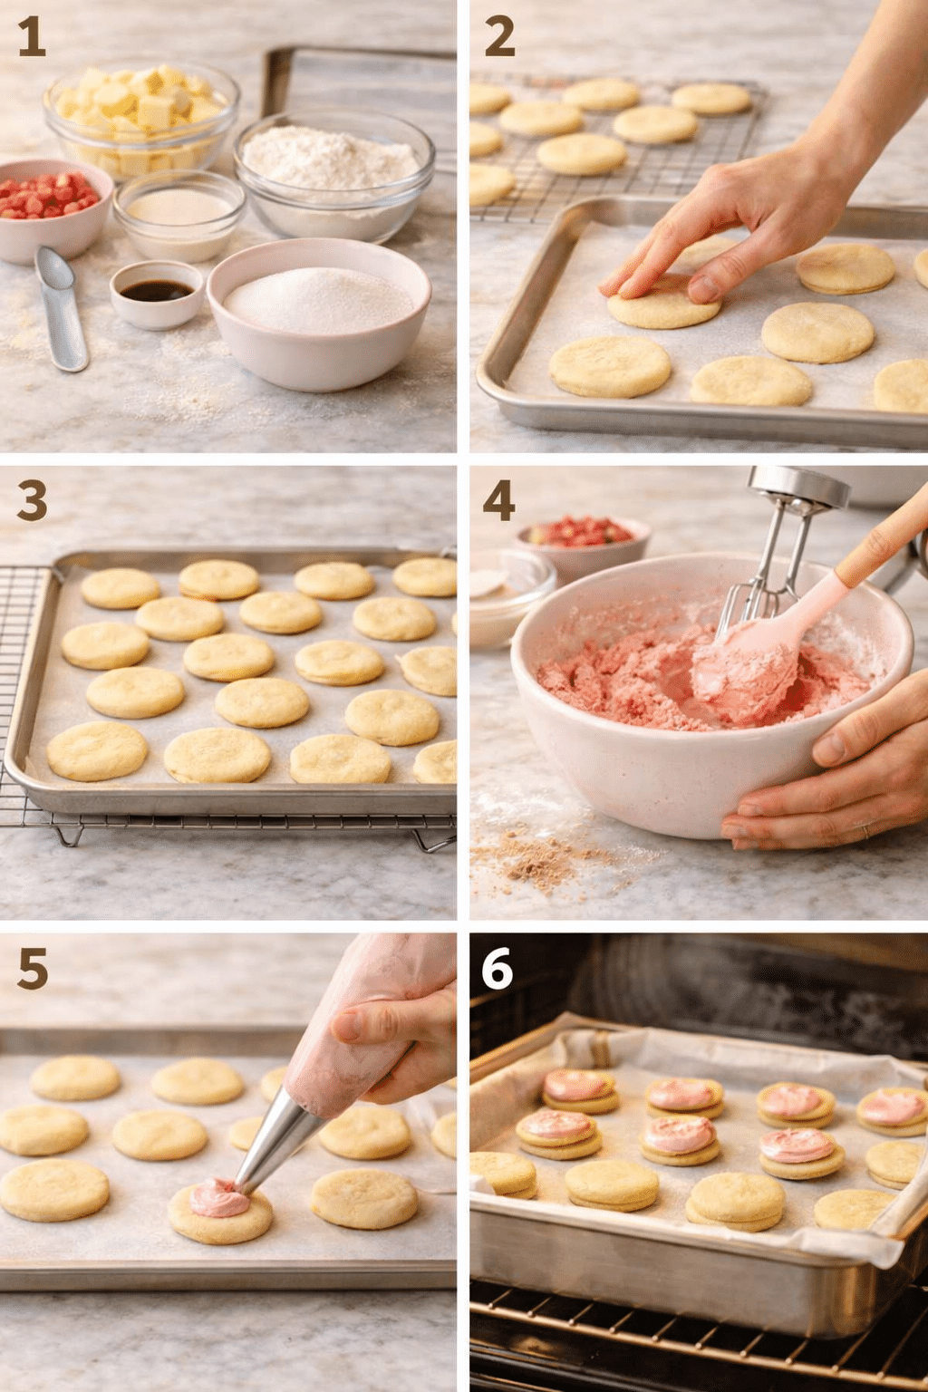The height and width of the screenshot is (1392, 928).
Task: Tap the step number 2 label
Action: [499, 37]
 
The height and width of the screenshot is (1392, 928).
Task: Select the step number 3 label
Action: [32, 501]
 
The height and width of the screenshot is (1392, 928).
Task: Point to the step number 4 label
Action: [499, 501]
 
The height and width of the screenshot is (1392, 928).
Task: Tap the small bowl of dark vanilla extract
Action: [157, 294]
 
